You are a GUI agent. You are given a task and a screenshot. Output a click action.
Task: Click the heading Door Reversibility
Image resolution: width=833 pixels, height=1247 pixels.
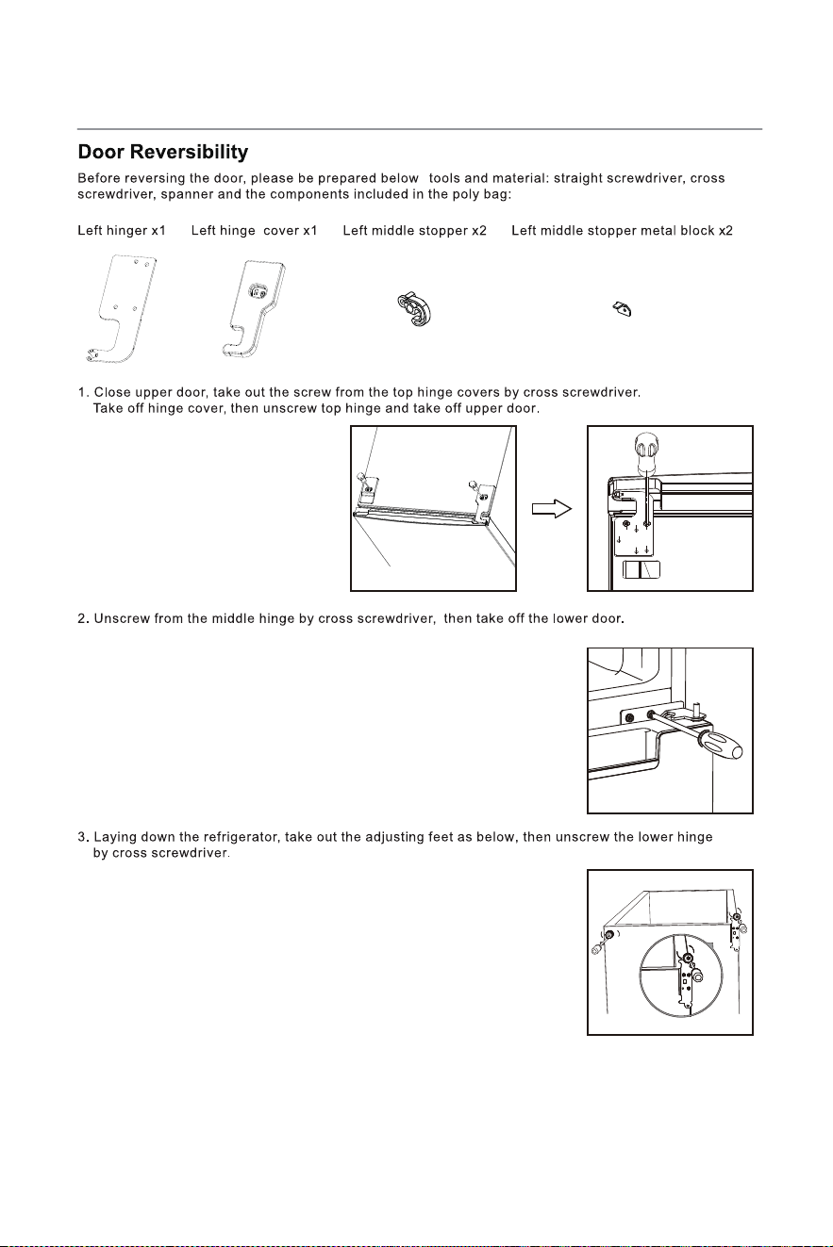click(162, 152)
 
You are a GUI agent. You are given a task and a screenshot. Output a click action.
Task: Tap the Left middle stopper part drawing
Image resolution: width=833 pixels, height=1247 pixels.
click(414, 308)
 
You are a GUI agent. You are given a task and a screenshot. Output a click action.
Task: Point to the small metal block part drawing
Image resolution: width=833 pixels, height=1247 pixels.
click(623, 308)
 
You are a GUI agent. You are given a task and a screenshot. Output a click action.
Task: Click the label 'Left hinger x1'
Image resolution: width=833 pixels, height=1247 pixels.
click(122, 231)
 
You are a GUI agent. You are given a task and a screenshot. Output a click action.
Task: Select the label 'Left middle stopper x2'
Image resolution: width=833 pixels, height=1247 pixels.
click(414, 231)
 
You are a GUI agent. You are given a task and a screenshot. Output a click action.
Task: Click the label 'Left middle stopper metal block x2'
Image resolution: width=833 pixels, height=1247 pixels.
click(622, 231)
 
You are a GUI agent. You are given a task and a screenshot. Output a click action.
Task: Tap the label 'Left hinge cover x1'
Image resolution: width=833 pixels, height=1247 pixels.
click(254, 231)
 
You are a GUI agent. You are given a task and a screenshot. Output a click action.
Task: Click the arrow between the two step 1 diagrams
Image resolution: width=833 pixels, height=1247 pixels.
click(552, 509)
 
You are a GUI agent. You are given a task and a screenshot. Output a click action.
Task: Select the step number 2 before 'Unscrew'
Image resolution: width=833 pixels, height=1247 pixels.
click(82, 618)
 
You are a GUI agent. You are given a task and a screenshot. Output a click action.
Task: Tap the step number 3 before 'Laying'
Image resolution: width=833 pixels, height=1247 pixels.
click(82, 837)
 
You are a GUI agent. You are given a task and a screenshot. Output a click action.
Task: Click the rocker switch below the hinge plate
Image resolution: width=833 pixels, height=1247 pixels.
click(641, 570)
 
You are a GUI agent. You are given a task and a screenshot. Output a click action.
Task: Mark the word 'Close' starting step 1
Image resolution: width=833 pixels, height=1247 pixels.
click(112, 392)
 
